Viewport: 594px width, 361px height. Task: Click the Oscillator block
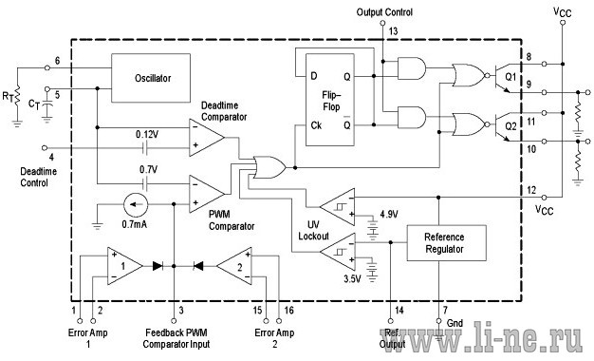151,78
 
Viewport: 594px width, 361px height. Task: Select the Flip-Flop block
330,100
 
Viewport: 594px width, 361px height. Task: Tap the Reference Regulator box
446,243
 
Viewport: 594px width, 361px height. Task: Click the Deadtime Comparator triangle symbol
207,137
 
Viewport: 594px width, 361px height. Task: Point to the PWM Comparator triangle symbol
207,194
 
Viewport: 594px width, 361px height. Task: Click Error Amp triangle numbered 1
125,266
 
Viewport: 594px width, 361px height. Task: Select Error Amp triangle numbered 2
234,266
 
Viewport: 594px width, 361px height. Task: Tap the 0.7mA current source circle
136,204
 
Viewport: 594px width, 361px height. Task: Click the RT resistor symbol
17,98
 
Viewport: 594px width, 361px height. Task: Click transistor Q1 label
510,77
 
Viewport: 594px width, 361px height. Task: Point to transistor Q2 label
510,126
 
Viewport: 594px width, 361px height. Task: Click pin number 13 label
393,31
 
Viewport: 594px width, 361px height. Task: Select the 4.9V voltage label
389,215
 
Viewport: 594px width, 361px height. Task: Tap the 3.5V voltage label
352,279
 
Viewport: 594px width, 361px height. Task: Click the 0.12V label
147,135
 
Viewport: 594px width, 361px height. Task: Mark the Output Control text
384,12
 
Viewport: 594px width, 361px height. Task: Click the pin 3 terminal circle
174,321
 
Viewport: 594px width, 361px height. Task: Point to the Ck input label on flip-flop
316,125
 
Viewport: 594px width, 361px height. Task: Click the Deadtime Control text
38,177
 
